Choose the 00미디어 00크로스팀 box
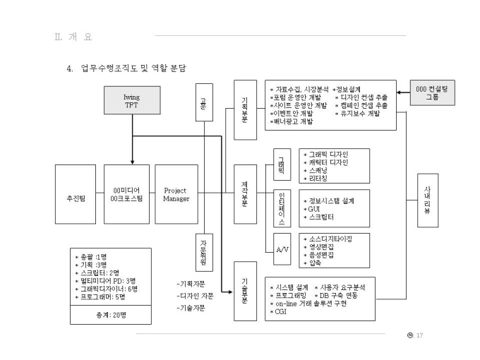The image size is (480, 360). point(128,194)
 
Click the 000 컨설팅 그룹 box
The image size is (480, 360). point(433,93)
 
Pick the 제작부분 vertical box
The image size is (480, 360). point(245,194)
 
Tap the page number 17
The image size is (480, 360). point(420,335)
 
